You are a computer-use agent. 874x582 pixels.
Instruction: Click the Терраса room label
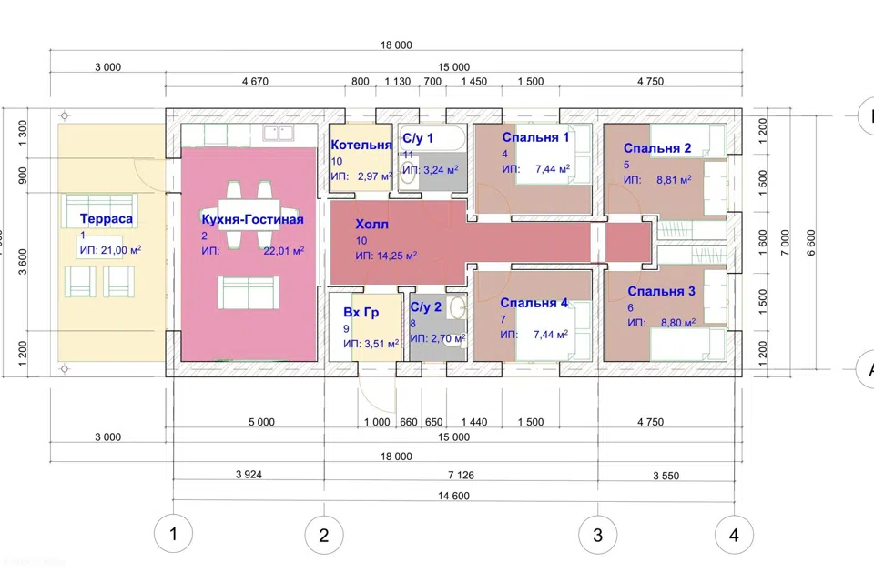coord(106,219)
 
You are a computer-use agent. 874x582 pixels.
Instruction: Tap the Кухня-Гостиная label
coord(252,219)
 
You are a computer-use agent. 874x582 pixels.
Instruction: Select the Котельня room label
coord(361,145)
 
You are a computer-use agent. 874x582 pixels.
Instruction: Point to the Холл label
coord(371,225)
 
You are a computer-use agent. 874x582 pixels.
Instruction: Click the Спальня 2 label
coord(657,148)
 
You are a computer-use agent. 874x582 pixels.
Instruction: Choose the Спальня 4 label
coord(534,303)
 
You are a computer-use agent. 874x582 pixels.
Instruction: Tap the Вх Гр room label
coord(361,313)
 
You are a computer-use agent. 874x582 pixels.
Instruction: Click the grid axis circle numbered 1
coord(173,534)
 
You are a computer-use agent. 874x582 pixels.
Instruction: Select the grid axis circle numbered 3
coord(597,536)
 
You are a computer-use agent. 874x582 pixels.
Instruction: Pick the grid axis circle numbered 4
coord(734,536)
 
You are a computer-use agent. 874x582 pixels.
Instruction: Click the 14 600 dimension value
coord(453,496)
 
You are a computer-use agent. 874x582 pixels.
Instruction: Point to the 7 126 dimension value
coord(461,475)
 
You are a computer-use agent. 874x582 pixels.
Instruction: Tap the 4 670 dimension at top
coord(255,81)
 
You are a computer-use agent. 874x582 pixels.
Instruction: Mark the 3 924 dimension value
coord(249,475)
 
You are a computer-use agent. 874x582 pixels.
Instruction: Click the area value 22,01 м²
coord(284,251)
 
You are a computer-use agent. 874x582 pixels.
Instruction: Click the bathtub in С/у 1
coord(432,136)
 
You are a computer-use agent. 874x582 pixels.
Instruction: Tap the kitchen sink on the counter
coord(279,133)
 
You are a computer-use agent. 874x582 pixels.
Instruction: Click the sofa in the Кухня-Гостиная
coord(248,292)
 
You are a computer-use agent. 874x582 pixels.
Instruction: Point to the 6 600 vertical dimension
coord(811,242)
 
